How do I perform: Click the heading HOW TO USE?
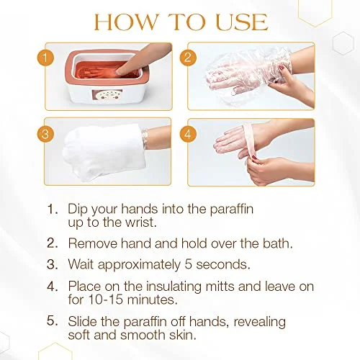coord(180,22)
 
